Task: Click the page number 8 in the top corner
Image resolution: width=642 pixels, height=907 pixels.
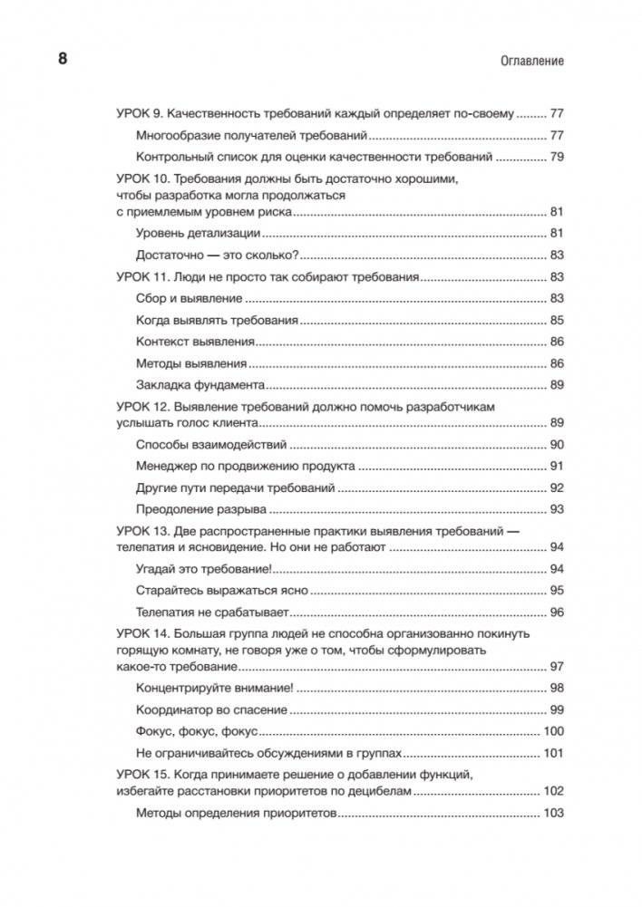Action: point(63,60)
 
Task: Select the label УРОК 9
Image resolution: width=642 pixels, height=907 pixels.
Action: point(141,115)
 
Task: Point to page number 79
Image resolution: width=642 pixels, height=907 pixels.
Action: point(557,157)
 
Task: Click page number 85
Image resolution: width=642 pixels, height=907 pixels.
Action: point(557,320)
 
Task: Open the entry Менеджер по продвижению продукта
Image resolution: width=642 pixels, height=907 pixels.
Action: point(245,467)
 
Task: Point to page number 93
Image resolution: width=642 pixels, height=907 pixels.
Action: point(557,509)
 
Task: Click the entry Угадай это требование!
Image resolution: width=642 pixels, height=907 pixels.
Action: point(203,570)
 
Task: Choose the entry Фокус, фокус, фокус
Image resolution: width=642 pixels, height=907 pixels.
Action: point(197,730)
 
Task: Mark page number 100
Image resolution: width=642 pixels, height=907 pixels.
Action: point(553,730)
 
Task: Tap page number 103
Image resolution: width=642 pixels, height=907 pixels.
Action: point(553,813)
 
